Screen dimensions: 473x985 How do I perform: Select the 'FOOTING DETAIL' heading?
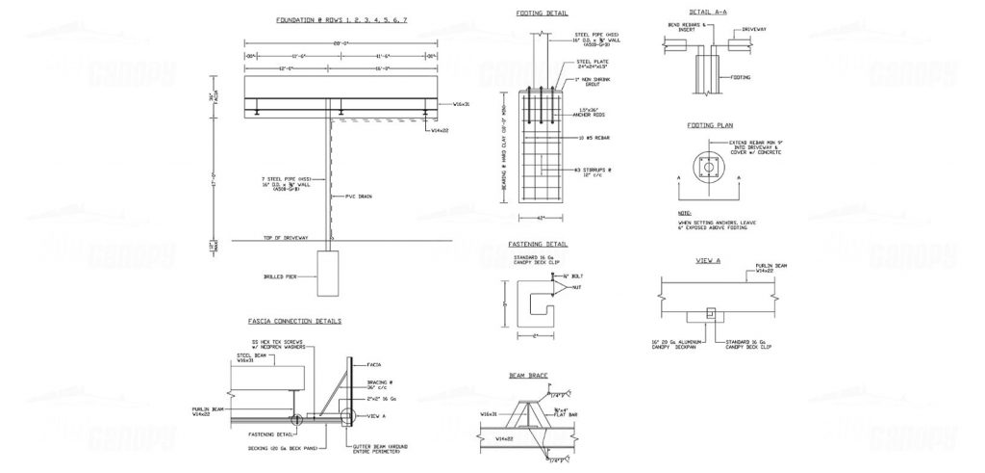[541, 13]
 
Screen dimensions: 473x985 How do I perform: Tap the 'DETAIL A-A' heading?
[707, 13]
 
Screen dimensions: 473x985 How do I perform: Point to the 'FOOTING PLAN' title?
[710, 126]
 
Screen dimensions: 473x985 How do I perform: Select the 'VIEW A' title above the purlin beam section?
[709, 261]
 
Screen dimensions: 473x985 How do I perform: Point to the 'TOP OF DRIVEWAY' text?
[286, 238]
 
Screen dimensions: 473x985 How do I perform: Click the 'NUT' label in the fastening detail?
[576, 287]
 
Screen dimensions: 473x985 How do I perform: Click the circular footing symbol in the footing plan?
[709, 168]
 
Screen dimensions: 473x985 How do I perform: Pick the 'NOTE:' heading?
[684, 213]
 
